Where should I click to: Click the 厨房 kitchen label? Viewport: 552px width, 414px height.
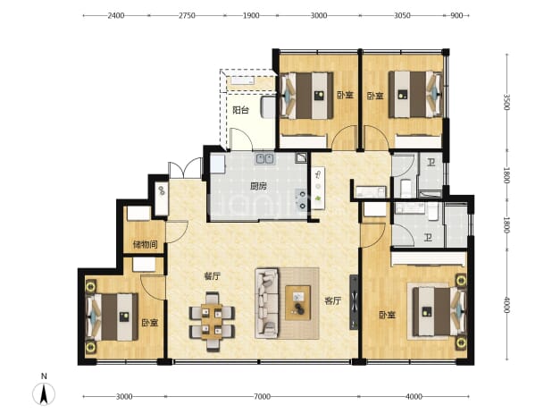point(258,186)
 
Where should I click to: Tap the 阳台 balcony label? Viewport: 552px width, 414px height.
point(241,110)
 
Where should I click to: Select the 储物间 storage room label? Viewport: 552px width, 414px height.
point(145,244)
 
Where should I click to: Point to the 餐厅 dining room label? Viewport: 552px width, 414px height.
point(213,276)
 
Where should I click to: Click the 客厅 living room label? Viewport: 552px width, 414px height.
point(332,301)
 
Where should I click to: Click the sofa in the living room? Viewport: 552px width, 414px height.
point(266,303)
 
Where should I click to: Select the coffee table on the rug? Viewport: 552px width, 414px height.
point(297,302)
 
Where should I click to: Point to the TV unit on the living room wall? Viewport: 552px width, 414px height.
point(354,302)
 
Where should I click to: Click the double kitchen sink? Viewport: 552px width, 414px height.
point(265,158)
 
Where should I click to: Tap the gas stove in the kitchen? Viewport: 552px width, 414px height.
point(303,199)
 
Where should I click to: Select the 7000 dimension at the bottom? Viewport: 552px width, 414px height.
point(262,397)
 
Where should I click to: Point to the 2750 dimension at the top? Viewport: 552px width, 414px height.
point(187,15)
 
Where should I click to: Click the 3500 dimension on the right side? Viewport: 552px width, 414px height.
point(506,102)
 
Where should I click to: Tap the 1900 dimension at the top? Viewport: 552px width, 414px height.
point(251,15)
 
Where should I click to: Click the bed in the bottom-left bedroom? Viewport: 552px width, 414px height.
point(112,317)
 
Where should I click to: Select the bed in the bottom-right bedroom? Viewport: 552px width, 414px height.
point(439,311)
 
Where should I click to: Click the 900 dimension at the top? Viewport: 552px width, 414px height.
point(456,15)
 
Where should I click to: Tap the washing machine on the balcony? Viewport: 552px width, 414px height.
point(268,107)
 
